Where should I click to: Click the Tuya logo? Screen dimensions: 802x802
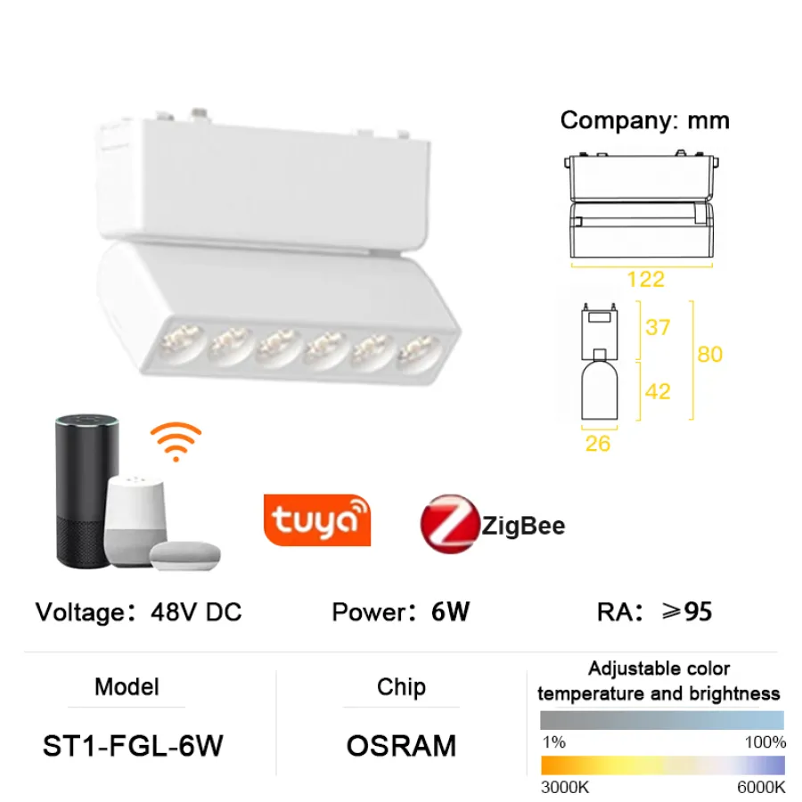tap(316, 520)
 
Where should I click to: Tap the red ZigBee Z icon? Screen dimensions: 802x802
tap(448, 525)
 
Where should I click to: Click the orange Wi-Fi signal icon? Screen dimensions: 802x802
tap(175, 441)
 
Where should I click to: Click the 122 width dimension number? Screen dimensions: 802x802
tap(644, 279)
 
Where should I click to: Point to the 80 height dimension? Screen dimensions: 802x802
tap(709, 354)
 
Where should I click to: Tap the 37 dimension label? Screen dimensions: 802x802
tap(658, 327)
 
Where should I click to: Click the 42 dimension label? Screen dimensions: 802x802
tap(658, 390)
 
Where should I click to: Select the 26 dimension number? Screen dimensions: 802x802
tap(598, 443)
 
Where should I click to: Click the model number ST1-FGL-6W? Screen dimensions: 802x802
tap(132, 746)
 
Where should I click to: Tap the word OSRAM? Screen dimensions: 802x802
tap(401, 746)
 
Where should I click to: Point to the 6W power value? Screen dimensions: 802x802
tap(449, 612)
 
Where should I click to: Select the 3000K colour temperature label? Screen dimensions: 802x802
tap(564, 787)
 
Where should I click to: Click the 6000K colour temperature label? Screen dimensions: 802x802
tap(760, 787)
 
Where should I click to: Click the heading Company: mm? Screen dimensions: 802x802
tap(644, 120)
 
